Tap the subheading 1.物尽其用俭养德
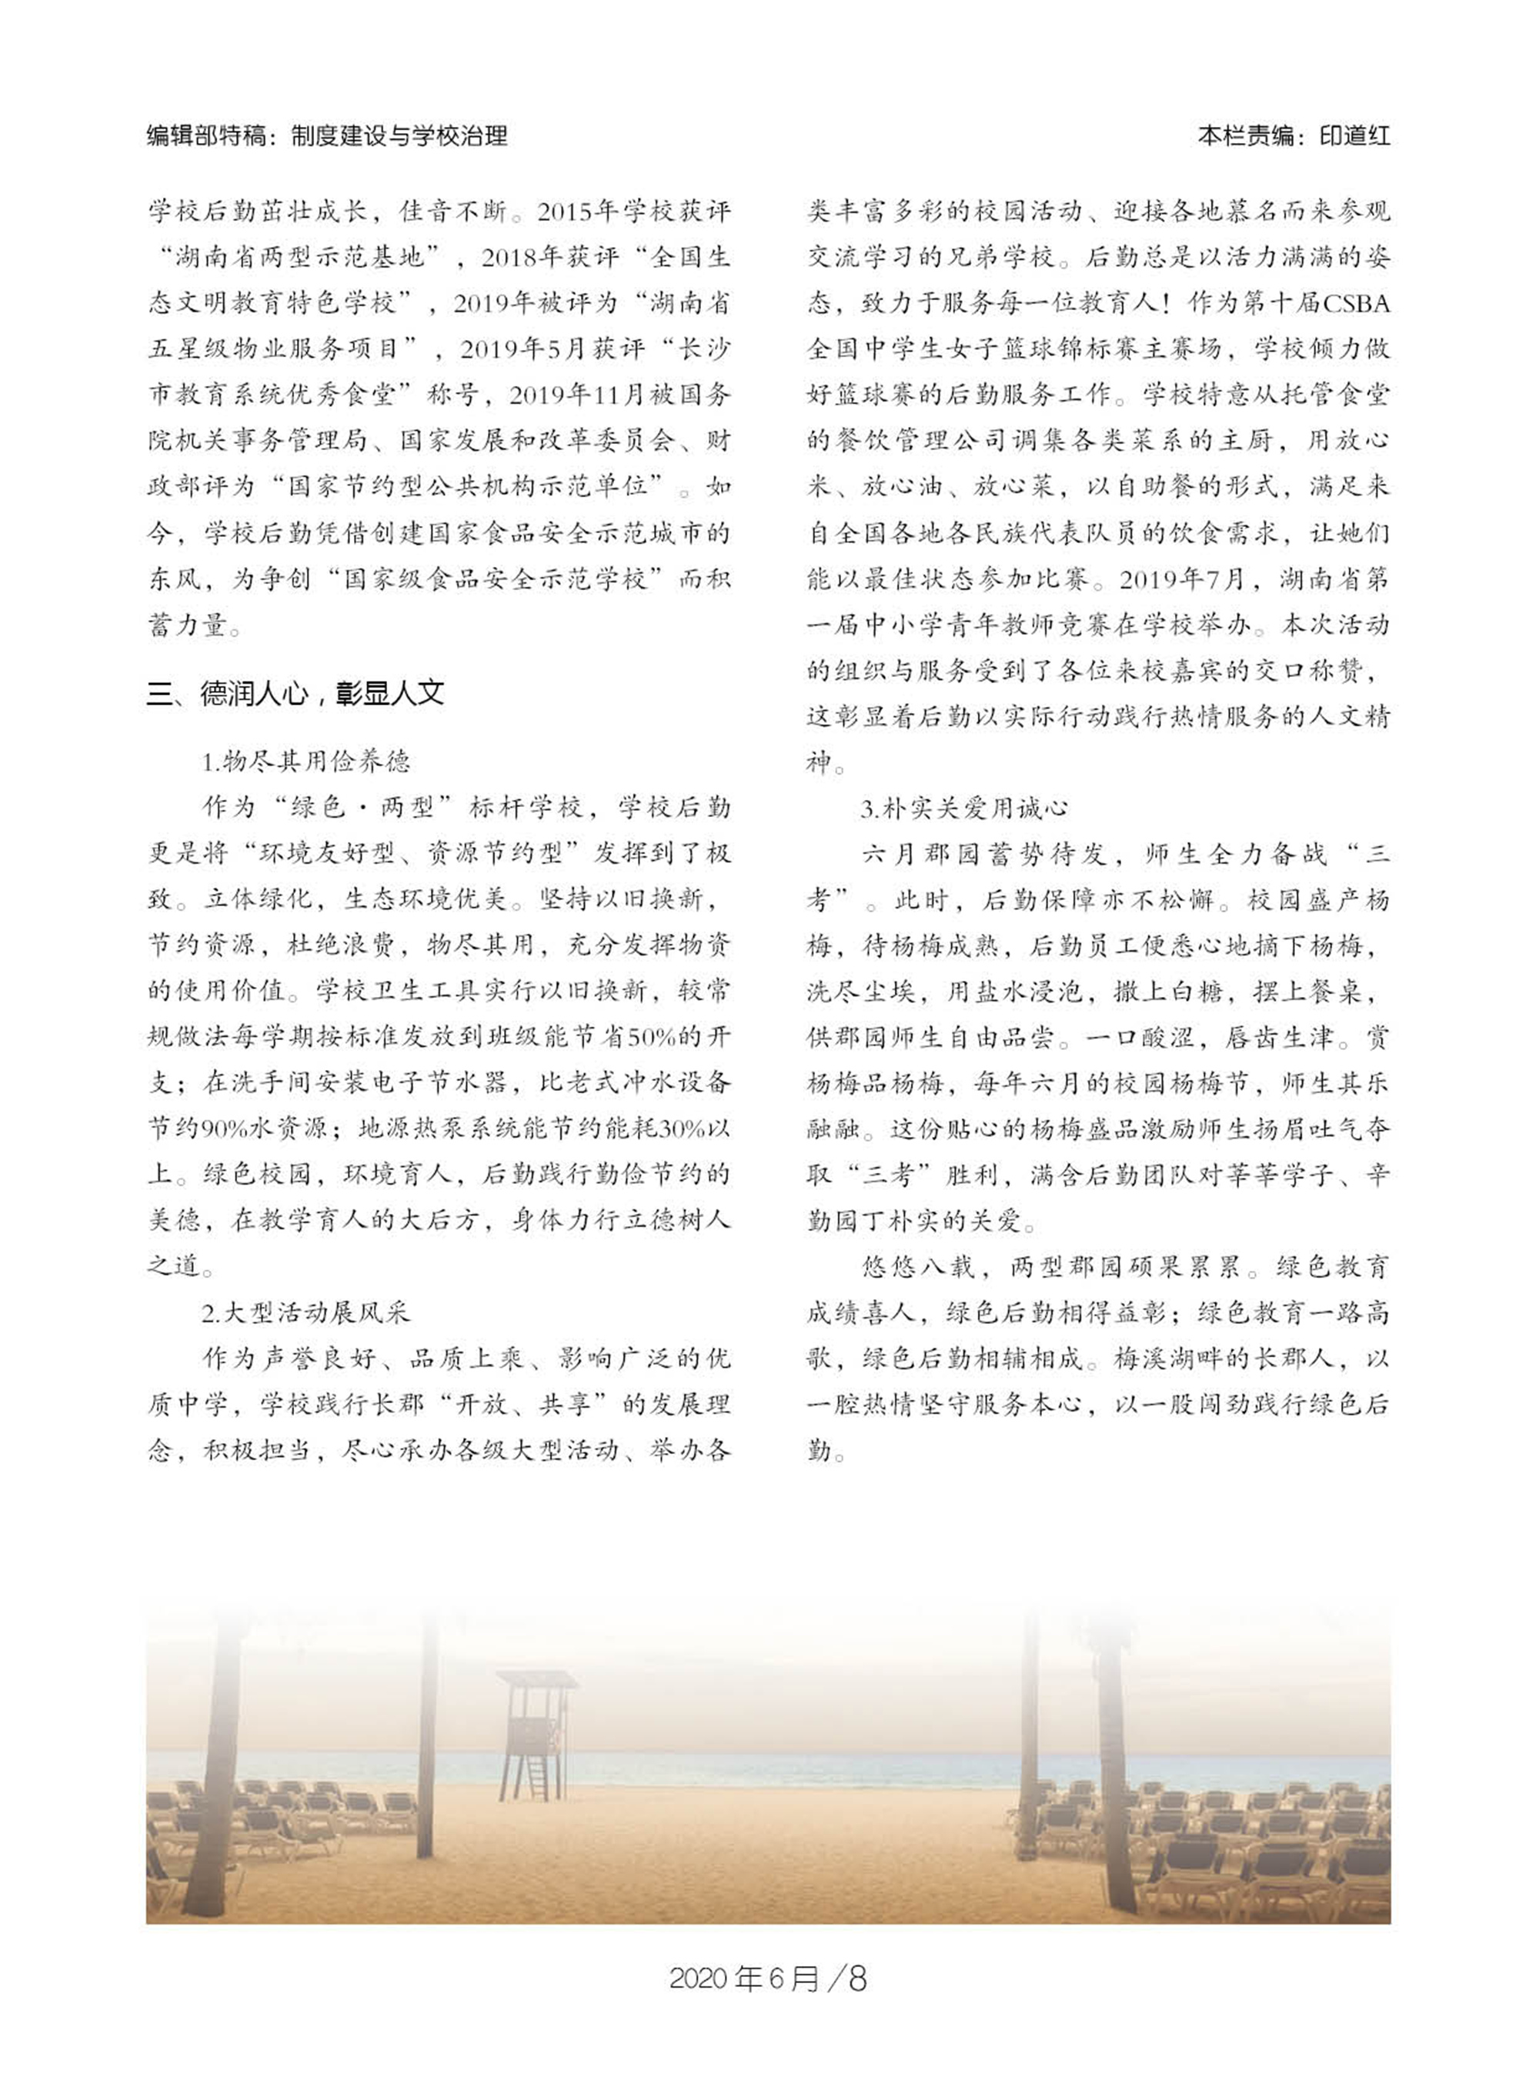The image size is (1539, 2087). pyautogui.click(x=305, y=762)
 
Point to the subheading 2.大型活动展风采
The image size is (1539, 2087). pyautogui.click(x=305, y=1312)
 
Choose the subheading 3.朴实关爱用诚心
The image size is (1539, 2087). pyautogui.click(x=963, y=808)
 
